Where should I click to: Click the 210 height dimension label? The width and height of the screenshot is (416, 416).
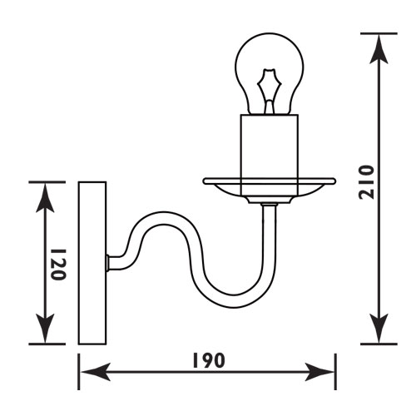366,182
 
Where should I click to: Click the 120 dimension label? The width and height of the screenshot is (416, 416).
58,265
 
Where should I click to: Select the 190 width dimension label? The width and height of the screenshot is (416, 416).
209,360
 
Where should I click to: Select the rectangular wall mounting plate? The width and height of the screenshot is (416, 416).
92,263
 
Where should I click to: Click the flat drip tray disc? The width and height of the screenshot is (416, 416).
270,181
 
